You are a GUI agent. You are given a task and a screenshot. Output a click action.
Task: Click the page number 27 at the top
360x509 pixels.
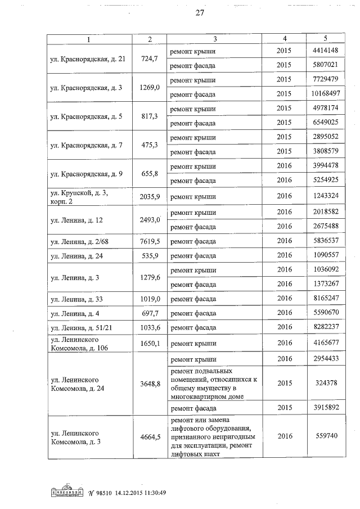coord(199,13)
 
